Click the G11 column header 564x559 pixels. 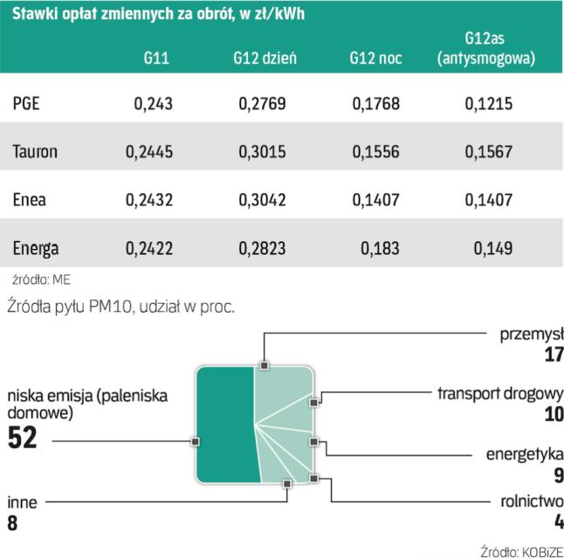tap(157, 59)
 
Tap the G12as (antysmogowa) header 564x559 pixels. tap(485, 50)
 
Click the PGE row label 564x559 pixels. tap(27, 105)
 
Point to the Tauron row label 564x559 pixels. tap(36, 152)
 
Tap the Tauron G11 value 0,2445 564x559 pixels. tap(149, 152)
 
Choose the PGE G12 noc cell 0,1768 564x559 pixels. tap(376, 105)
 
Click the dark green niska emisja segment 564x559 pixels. tap(225, 425)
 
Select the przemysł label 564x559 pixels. tap(530, 333)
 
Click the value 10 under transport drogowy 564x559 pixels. tap(554, 413)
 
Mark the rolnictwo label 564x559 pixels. tap(528, 502)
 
